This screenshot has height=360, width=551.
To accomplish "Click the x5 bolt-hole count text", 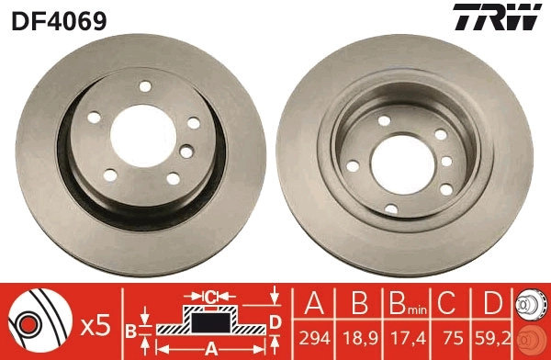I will [x=96, y=323].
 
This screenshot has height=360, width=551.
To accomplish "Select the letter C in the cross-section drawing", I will [x=210, y=298].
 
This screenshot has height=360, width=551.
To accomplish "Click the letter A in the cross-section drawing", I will [x=210, y=347].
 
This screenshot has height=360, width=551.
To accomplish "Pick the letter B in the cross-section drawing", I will [x=131, y=330].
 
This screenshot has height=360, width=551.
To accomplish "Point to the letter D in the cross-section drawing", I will [x=275, y=320].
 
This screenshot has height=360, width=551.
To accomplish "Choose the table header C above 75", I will [x=450, y=304].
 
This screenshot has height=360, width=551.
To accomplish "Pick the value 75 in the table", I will [x=450, y=338].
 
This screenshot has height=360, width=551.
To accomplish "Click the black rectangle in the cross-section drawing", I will [x=210, y=322].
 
